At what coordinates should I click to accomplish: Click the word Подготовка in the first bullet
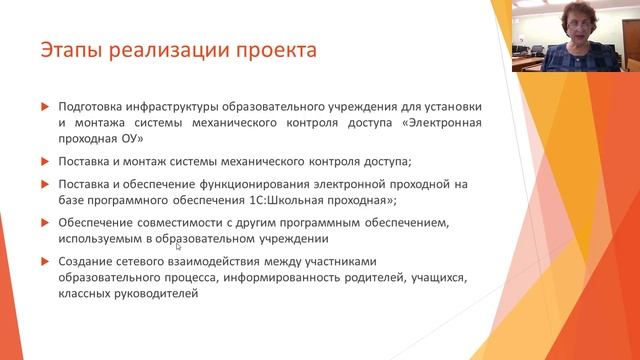click(93, 105)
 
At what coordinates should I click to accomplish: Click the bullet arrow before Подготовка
click(43, 106)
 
